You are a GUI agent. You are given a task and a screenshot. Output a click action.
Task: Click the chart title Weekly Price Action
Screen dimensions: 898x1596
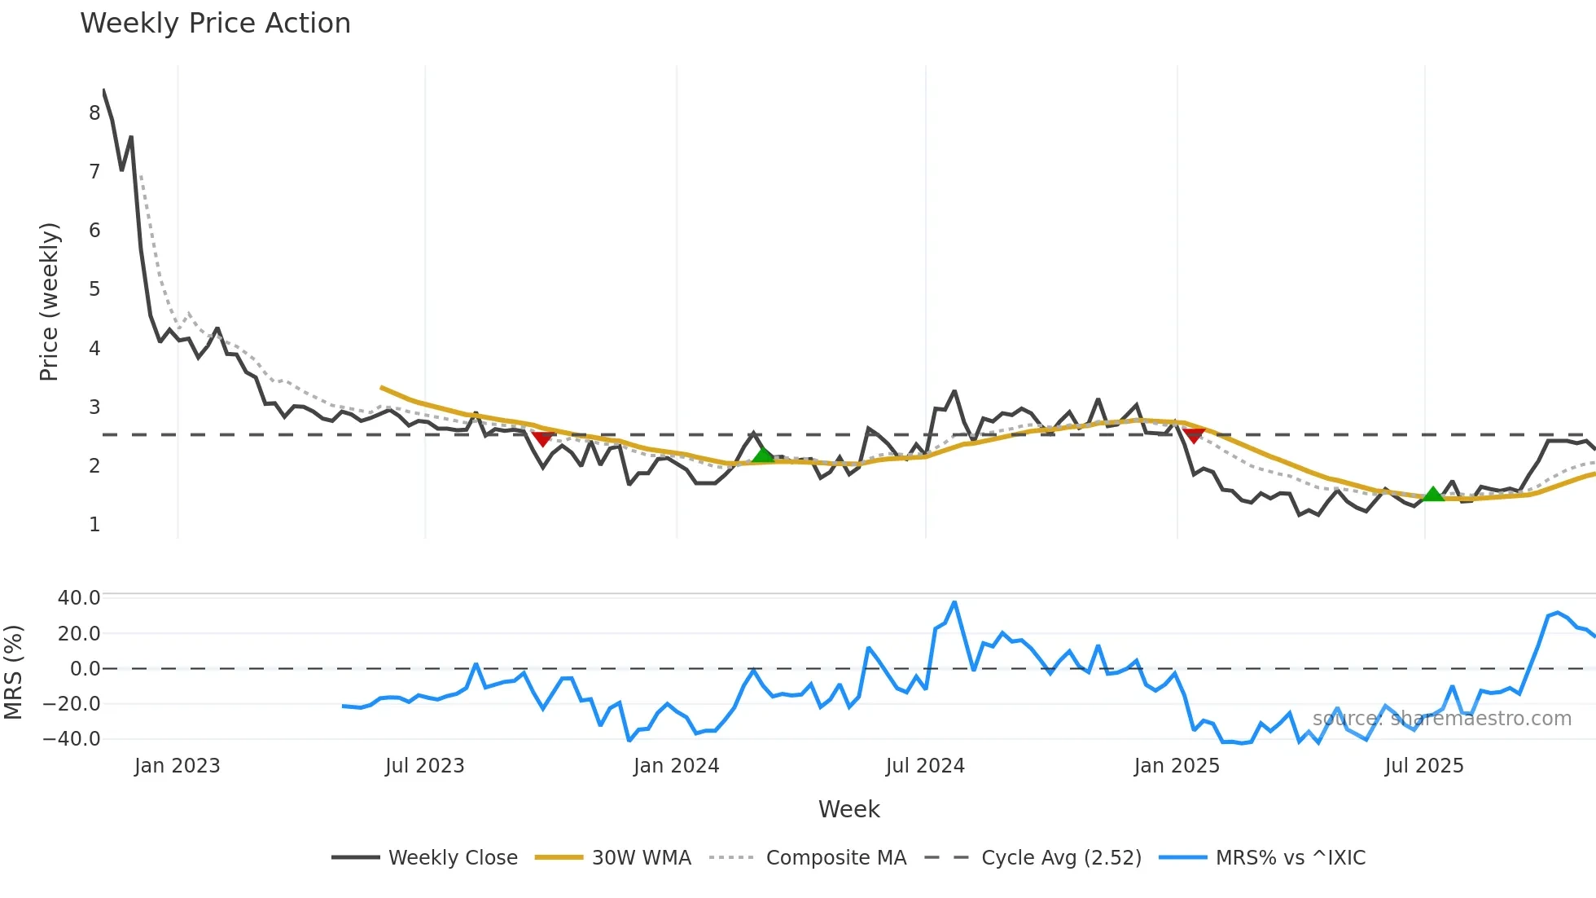(215, 24)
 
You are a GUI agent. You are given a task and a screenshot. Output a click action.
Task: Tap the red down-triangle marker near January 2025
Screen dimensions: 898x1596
(1194, 436)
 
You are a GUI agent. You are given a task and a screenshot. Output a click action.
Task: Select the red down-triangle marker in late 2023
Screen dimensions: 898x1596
(543, 439)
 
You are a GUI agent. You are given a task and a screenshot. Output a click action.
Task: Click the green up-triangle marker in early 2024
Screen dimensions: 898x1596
(762, 455)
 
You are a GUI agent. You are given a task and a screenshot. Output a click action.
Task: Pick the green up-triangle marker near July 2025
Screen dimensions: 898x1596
(1433, 494)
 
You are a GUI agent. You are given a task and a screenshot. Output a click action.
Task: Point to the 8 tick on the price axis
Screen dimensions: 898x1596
(94, 113)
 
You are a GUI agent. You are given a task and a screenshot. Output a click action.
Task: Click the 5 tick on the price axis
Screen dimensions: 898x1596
(94, 289)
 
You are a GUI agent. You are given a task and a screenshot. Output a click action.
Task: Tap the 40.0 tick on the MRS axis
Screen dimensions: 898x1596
(79, 598)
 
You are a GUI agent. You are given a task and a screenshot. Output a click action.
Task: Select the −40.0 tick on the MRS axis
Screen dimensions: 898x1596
(72, 739)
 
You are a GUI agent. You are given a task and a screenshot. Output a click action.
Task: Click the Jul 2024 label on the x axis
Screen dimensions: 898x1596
(925, 766)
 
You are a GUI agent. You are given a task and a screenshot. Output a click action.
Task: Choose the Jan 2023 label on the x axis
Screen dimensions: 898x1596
(177, 766)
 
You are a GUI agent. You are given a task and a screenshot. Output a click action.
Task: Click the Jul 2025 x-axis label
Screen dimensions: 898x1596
(1424, 766)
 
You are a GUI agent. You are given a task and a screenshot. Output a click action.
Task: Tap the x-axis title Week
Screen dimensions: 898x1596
(848, 809)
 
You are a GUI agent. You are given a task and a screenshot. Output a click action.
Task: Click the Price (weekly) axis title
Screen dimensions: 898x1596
(49, 302)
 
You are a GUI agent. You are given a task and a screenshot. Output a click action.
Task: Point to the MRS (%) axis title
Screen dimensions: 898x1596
(14, 672)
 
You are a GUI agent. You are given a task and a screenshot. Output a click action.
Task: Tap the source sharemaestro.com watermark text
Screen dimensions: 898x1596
(1441, 719)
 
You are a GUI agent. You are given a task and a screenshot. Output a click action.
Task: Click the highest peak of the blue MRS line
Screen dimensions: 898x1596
(954, 603)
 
